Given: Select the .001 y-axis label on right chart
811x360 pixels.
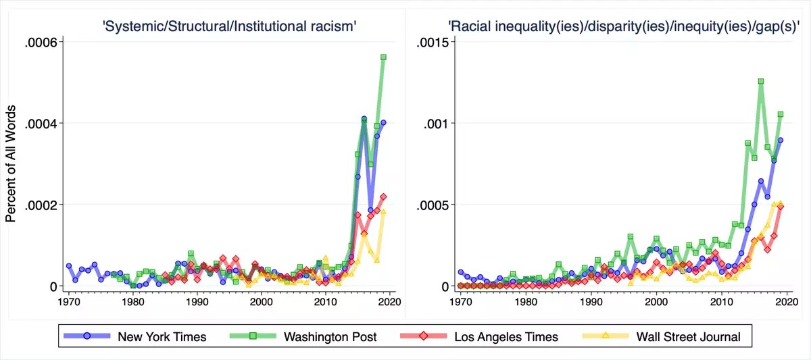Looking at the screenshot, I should tap(437, 124).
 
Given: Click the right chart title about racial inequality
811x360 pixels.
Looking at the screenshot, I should tap(624, 26).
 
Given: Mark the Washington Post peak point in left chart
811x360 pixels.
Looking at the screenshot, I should tap(383, 57).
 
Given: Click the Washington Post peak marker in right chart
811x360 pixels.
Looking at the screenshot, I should tap(761, 81).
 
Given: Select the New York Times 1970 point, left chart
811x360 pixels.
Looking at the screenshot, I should tap(69, 266).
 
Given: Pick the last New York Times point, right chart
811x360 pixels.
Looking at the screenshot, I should tap(781, 140).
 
